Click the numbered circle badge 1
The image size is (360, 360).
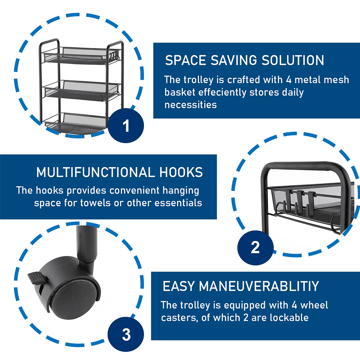pos(126,126)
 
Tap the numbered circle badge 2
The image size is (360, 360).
pos(255,248)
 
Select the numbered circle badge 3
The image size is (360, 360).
pos(126,334)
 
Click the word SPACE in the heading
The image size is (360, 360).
pos(186,60)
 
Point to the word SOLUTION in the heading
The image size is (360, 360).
pos(293,60)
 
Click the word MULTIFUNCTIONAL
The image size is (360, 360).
pos(96,172)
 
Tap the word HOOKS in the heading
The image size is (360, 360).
pos(181,172)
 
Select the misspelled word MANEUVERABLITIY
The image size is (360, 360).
pos(259,286)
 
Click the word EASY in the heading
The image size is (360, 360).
pos(179,286)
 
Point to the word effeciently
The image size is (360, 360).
pos(222,92)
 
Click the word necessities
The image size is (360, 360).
pos(190,105)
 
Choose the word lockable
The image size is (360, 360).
pos(289,318)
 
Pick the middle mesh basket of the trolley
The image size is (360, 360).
pos(82,90)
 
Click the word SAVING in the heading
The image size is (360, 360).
pos(234,60)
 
